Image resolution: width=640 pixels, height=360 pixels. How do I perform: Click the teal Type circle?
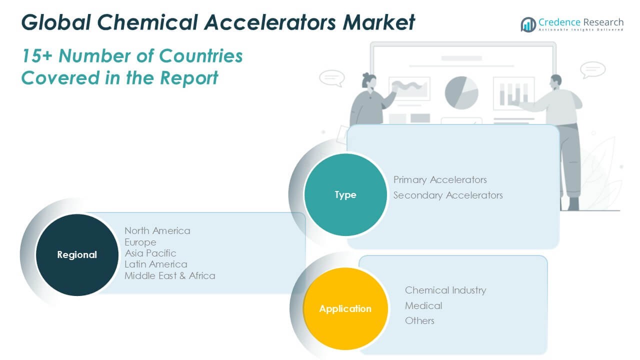(345, 195)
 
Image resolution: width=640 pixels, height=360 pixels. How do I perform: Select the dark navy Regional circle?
(77, 255)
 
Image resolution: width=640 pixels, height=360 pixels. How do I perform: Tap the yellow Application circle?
(345, 308)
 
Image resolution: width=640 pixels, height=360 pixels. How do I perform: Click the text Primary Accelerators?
(440, 179)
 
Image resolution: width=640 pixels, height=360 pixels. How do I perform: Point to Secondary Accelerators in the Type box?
(448, 195)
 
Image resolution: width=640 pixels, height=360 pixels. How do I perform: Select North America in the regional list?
(157, 230)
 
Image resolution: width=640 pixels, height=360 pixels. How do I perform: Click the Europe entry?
(140, 242)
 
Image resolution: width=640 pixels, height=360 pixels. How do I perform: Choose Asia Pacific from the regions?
(150, 253)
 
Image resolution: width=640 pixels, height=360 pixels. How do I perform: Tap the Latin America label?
(156, 264)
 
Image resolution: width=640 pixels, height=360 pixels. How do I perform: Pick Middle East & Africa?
(170, 275)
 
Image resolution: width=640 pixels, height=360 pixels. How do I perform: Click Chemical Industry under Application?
(445, 290)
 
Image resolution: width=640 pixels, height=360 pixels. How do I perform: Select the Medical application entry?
(423, 305)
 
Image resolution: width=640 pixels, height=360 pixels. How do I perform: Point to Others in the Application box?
(419, 320)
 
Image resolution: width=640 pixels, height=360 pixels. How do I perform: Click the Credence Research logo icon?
(528, 24)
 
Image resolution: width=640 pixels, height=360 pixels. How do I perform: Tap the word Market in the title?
(378, 22)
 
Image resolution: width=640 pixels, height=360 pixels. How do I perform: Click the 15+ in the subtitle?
(37, 55)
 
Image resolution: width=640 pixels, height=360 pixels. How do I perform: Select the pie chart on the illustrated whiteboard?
(461, 92)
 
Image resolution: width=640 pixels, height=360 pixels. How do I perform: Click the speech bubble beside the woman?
(331, 78)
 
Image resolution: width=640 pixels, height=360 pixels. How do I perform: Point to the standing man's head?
(556, 81)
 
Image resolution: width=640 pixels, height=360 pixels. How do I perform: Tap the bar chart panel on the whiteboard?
(513, 93)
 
